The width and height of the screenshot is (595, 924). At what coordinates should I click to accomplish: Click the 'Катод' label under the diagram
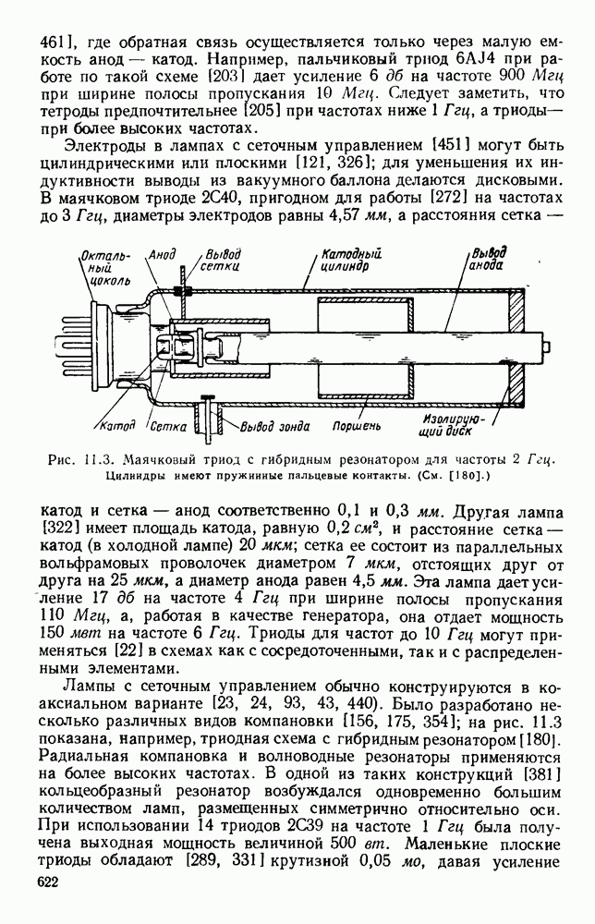tap(117, 426)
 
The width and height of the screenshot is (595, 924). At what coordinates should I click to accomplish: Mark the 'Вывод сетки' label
tap(223, 258)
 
